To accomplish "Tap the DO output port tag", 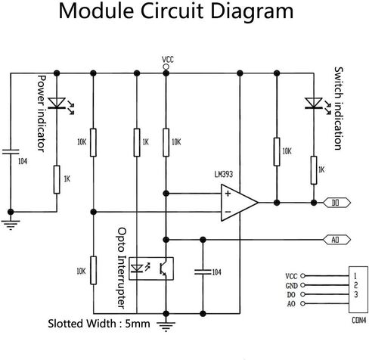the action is tap(336, 203).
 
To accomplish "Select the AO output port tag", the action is tap(336, 240).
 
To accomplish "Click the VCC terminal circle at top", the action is tap(166, 67).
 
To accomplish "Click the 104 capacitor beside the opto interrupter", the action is tap(203, 272).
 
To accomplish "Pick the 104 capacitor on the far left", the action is tap(11, 151).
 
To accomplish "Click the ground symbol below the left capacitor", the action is tap(11, 225).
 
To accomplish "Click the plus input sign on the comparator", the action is tap(228, 194).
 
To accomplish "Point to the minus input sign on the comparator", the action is tap(228, 212).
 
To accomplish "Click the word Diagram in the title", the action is tap(252, 11).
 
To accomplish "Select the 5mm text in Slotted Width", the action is tap(138, 324).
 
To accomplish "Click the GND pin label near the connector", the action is tap(292, 286).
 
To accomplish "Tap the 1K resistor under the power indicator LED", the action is tap(57, 179).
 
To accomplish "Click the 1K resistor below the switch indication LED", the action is tap(314, 170).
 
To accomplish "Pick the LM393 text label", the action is tap(224, 174).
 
